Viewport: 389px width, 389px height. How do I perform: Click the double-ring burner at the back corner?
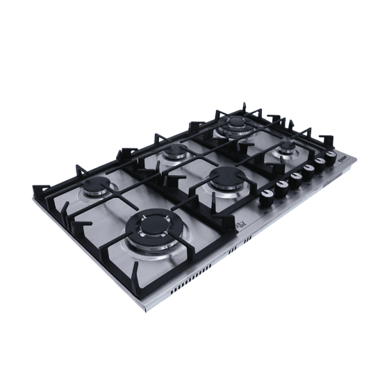tap(237, 125)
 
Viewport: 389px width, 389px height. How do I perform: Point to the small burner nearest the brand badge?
tap(285, 148)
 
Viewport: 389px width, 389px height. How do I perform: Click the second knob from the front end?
tap(283, 185)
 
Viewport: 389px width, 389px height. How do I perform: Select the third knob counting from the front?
tap(297, 176)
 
